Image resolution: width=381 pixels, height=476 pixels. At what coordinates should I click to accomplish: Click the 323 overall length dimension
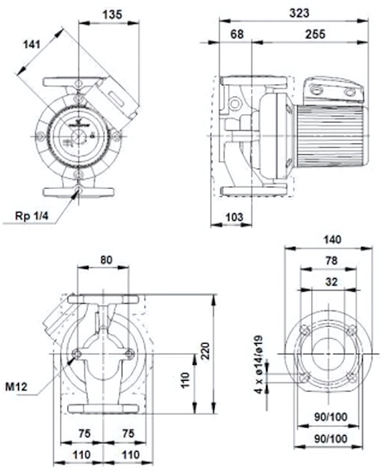[299, 13]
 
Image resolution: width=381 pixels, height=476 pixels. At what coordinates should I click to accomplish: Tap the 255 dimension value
[315, 34]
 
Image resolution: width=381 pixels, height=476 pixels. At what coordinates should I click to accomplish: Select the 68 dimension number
[237, 34]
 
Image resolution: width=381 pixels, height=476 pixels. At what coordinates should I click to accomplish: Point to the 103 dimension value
[234, 217]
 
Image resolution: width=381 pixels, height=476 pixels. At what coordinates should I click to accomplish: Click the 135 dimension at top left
[112, 14]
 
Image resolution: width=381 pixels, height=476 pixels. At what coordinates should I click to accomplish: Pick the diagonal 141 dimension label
[32, 45]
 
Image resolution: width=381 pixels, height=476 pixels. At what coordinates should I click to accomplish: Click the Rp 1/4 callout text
[32, 216]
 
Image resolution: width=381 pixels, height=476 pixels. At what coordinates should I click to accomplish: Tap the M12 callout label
[17, 386]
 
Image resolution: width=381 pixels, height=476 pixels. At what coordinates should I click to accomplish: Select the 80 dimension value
[106, 260]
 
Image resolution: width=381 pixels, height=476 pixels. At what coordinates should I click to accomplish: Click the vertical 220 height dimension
[206, 351]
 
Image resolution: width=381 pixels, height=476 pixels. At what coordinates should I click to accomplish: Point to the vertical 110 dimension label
[185, 379]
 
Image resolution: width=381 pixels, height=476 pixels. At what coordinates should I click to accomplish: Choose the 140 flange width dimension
[332, 240]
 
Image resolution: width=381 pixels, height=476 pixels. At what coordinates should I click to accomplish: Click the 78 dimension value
[331, 261]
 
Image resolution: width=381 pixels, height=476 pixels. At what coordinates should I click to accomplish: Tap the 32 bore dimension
[331, 282]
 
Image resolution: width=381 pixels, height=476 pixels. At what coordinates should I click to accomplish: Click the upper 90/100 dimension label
[330, 417]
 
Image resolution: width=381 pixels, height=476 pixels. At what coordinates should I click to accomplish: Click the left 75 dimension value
[84, 433]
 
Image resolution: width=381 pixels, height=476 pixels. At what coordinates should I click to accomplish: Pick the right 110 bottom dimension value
[131, 454]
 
